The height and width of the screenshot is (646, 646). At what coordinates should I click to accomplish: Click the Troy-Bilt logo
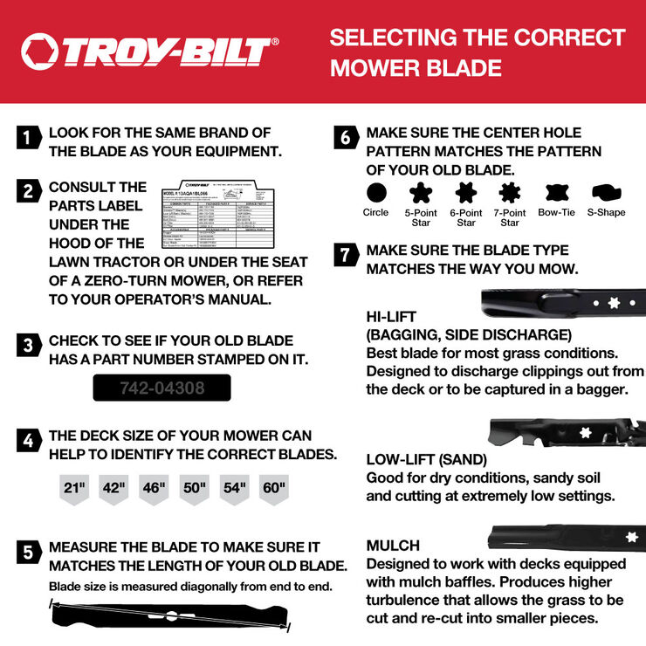pyautogui.click(x=149, y=52)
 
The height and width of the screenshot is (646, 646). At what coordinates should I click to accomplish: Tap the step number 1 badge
pyautogui.click(x=29, y=137)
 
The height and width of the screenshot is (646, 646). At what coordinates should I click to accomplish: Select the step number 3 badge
pyautogui.click(x=29, y=345)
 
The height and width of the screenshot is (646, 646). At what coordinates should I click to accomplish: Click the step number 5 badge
pyautogui.click(x=29, y=553)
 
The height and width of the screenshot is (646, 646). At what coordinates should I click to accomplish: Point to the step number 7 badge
pyautogui.click(x=347, y=255)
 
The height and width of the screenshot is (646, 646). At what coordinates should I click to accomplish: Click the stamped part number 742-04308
pyautogui.click(x=161, y=388)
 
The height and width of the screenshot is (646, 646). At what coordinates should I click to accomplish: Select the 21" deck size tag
pyautogui.click(x=75, y=489)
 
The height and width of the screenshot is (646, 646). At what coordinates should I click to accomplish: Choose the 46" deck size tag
pyautogui.click(x=155, y=489)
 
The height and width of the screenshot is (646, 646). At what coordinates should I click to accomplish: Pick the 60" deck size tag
pyautogui.click(x=273, y=489)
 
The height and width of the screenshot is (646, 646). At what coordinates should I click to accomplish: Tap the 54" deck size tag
pyautogui.click(x=234, y=489)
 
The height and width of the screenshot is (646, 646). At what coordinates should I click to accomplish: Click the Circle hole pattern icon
pyautogui.click(x=376, y=192)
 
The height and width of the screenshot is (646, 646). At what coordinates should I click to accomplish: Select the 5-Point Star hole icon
pyautogui.click(x=421, y=192)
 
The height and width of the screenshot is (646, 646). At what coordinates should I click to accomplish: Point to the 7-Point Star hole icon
pyautogui.click(x=510, y=192)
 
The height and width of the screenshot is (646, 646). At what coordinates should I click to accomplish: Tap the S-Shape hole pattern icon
pyautogui.click(x=605, y=192)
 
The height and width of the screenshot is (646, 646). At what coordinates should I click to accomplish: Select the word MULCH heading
pyautogui.click(x=393, y=546)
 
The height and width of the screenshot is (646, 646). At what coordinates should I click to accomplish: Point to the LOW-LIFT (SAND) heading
pyautogui.click(x=427, y=459)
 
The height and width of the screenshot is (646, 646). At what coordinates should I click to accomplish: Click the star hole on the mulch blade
pyautogui.click(x=631, y=536)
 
